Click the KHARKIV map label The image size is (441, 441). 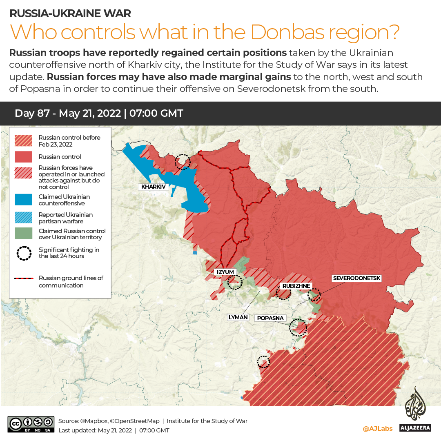(153, 187)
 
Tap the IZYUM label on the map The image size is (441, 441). (225, 272)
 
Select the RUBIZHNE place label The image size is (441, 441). (296, 286)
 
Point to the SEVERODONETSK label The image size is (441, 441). (356, 278)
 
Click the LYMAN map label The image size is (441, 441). (238, 317)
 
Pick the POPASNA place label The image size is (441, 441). (270, 318)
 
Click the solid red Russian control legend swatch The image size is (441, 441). (23, 157)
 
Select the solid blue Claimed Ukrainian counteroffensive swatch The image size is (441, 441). (23, 200)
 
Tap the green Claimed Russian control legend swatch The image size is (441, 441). (23, 233)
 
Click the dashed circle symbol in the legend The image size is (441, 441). (24, 253)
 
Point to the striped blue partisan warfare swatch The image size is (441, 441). (23, 218)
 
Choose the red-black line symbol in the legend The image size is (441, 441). (23, 278)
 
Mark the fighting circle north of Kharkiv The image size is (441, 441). (182, 162)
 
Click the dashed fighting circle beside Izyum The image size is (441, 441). (234, 282)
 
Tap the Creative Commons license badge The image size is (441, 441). (31, 424)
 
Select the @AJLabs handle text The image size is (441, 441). (377, 428)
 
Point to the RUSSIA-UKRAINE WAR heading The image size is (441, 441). (70, 13)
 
